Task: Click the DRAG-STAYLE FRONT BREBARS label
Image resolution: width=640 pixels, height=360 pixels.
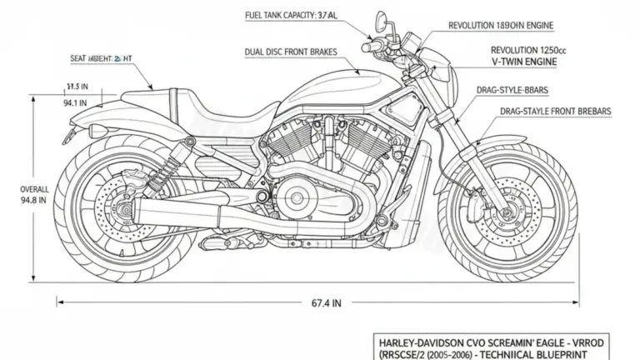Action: pos(557,111)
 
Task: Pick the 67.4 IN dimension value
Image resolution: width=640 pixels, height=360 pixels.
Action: pos(325,304)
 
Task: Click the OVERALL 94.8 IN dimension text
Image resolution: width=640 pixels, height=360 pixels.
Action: pos(34,194)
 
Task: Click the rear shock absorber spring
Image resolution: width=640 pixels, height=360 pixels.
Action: pos(162,173)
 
